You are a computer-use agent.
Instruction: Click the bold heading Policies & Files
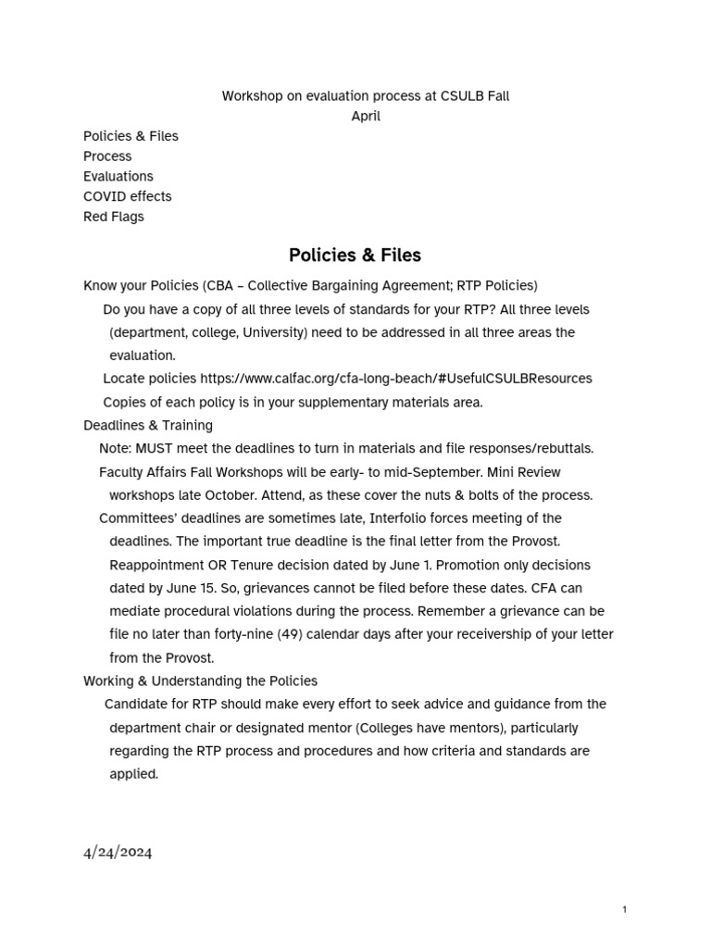point(355,255)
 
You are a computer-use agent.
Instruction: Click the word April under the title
point(366,116)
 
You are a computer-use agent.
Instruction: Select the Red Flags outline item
point(113,217)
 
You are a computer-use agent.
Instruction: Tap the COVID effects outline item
point(127,196)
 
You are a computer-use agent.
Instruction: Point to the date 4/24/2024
point(118,853)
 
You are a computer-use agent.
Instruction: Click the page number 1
point(625,910)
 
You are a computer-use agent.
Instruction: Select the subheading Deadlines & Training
point(148,425)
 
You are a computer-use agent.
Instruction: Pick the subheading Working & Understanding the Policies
point(200,680)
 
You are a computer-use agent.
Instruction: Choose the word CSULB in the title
point(461,95)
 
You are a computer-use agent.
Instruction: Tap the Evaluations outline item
point(118,176)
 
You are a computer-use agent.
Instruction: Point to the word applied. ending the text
point(133,774)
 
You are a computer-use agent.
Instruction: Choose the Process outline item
point(107,156)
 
